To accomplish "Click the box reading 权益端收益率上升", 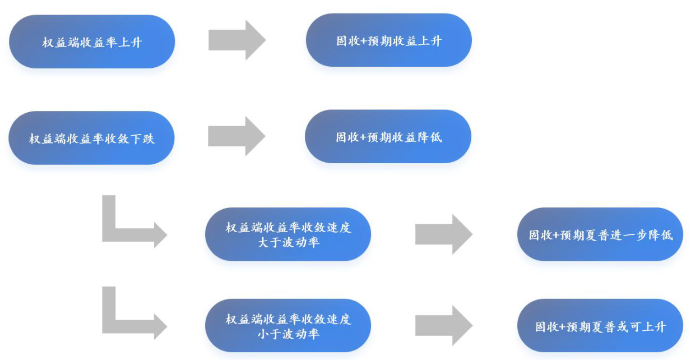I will point(92,41).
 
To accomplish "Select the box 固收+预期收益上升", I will point(388,40).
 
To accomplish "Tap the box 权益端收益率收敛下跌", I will point(91,138).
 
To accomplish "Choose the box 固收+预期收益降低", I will point(388,136).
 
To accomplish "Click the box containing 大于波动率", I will point(288,234).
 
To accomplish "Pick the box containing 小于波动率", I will point(288,326).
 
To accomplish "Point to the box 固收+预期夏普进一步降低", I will point(600,234).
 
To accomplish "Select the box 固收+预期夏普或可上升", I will point(600,326).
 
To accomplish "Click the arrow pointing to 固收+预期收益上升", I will point(237,40).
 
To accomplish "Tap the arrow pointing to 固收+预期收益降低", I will point(236,136).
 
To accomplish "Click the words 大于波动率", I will point(288,242).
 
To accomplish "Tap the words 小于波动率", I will point(288,334).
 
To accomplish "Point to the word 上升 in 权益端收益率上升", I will point(130,42).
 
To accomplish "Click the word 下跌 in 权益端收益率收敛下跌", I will point(142,139).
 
